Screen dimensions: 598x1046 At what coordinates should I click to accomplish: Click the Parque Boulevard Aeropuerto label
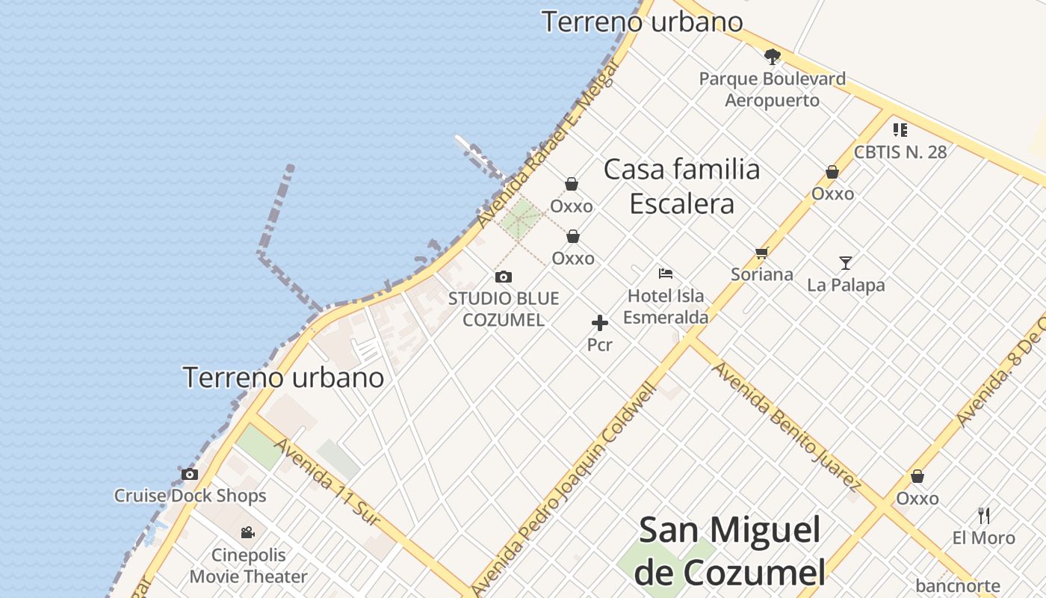click(772, 89)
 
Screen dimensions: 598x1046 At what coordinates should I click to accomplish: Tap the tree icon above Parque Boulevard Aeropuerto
click(772, 55)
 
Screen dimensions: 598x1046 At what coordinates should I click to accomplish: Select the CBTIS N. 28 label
click(900, 152)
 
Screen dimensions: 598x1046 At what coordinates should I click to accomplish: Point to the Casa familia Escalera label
click(681, 186)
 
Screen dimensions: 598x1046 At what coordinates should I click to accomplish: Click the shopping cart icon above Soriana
click(761, 253)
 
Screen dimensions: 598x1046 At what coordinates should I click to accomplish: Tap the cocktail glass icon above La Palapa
click(845, 262)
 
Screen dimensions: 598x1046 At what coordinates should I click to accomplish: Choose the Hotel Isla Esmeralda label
click(666, 306)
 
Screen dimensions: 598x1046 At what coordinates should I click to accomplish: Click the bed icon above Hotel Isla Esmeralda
click(666, 274)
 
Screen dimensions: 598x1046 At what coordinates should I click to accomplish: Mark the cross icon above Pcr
click(599, 323)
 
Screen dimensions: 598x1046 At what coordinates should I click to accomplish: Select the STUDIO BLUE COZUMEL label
click(503, 309)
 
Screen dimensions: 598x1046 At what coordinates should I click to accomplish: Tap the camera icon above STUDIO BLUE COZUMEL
click(504, 277)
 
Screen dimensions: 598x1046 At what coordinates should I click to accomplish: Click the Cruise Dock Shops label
click(190, 496)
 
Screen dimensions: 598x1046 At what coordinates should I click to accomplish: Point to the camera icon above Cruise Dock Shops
click(190, 474)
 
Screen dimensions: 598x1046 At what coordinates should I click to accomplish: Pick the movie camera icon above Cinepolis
click(248, 533)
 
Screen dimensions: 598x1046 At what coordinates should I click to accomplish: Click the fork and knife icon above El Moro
click(984, 515)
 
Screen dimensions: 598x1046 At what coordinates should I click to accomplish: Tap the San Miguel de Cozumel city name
click(731, 552)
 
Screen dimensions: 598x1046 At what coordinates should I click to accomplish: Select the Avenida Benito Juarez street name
click(785, 425)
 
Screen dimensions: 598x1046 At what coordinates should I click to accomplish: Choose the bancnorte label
click(957, 586)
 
